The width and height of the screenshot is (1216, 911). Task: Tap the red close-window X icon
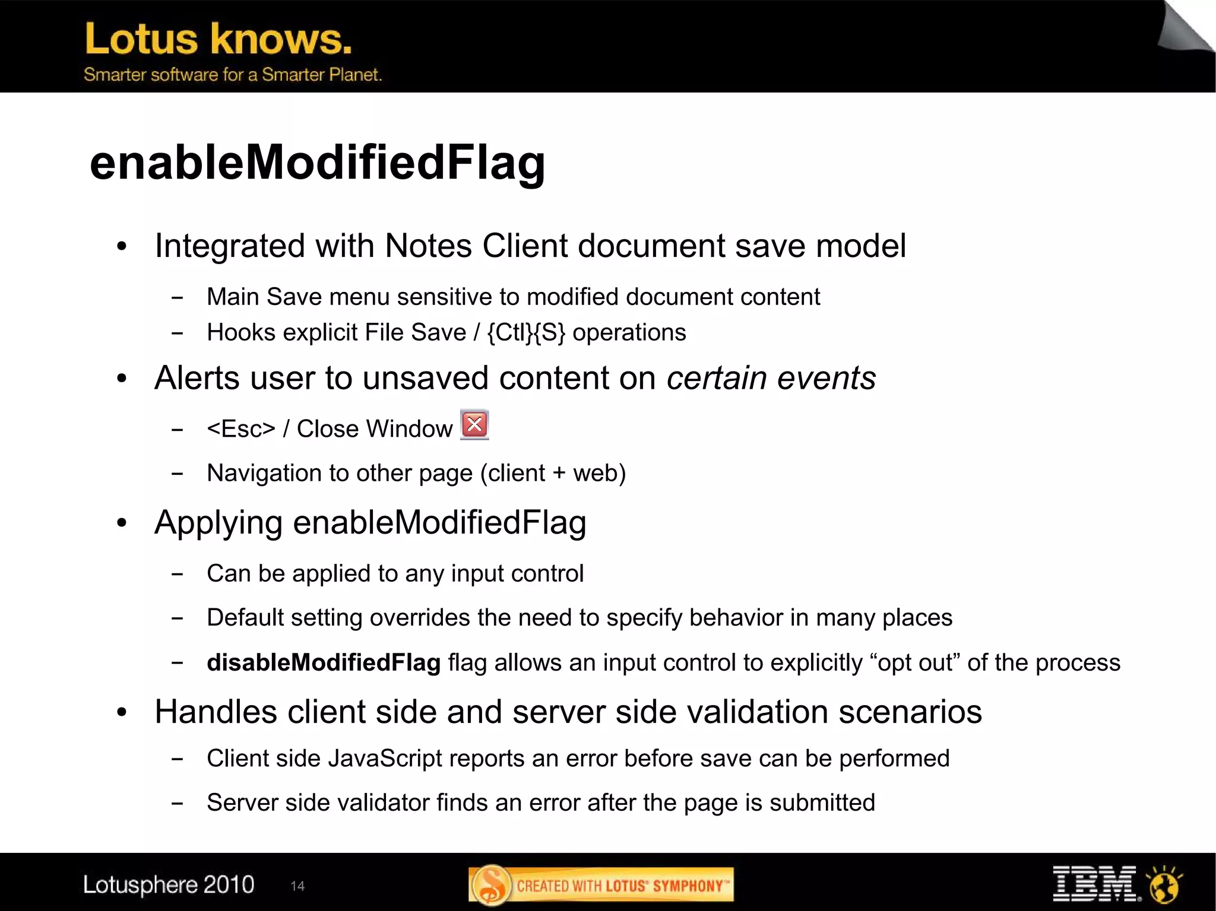coord(474,424)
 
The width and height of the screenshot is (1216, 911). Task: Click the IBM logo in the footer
coord(1096,884)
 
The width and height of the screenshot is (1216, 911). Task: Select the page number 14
coord(297,886)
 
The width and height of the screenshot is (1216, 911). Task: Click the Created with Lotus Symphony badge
coord(601,885)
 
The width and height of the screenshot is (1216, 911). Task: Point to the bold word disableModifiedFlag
coord(324,662)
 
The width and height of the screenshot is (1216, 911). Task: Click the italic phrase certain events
coord(771,378)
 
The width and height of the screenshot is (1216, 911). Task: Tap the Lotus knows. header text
coord(218,39)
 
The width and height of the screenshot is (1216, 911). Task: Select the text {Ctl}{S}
coord(526,332)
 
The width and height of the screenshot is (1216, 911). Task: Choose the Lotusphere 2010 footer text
coord(169,885)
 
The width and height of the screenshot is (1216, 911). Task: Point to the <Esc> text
coord(241,428)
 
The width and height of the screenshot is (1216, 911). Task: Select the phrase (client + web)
coord(553,473)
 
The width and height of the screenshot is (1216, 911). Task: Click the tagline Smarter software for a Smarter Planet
coord(232,75)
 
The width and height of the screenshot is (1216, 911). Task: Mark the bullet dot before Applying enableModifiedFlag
coord(122,523)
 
